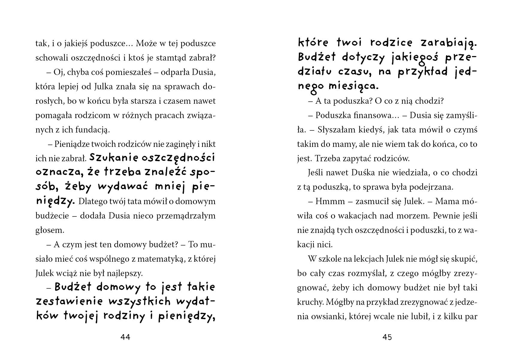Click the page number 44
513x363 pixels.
125,337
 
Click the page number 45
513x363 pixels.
387,337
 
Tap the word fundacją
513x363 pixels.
90,130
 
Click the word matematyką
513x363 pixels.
162,259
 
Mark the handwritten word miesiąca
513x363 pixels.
353,86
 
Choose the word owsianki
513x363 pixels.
327,316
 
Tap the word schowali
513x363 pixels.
52,58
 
